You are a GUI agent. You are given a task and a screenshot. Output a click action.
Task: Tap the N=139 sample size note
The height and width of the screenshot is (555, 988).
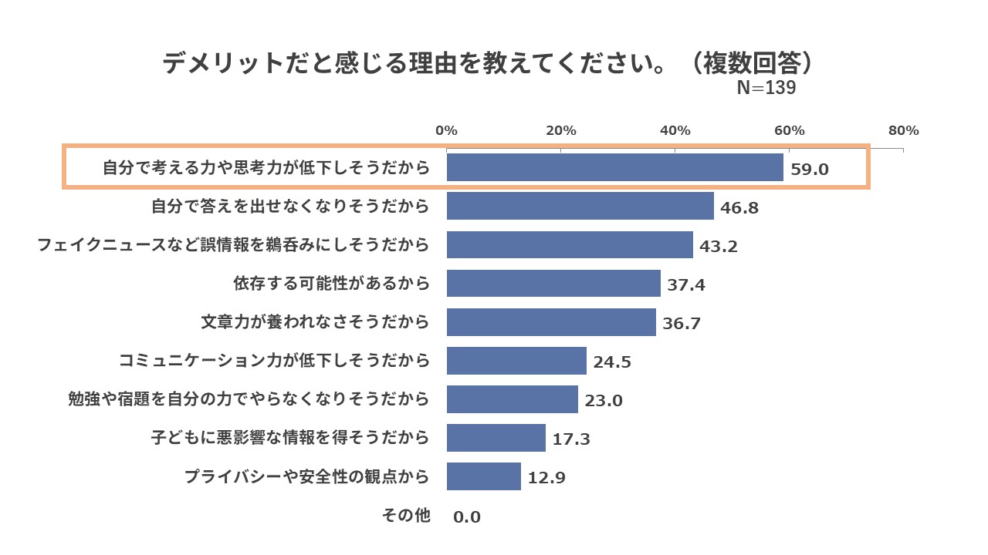click(766, 88)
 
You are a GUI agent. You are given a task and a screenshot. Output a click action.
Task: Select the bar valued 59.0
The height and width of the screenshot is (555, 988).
click(614, 167)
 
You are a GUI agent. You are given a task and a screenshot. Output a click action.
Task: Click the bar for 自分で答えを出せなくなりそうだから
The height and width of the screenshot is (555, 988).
click(580, 206)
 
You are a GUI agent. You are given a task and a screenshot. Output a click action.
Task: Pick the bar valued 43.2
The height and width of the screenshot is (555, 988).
click(570, 245)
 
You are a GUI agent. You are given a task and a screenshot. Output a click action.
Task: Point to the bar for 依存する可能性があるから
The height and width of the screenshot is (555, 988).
click(553, 284)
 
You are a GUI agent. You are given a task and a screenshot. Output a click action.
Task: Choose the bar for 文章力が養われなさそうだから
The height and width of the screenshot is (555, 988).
click(551, 322)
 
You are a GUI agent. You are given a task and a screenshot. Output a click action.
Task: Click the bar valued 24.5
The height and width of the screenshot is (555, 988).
click(516, 361)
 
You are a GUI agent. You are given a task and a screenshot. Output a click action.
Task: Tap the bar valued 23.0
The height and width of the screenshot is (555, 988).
click(512, 399)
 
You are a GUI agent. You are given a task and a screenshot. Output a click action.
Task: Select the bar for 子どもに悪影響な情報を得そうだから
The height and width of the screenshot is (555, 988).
click(496, 438)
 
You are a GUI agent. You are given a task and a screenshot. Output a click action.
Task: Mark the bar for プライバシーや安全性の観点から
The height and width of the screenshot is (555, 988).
click(483, 476)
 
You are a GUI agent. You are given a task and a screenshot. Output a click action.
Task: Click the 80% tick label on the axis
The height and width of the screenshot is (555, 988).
click(903, 130)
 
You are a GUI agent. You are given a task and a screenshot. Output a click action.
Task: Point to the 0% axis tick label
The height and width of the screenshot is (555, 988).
click(446, 130)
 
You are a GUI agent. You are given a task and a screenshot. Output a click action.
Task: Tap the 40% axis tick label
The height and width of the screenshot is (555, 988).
click(675, 130)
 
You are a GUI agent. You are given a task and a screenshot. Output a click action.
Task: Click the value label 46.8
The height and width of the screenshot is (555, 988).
click(740, 207)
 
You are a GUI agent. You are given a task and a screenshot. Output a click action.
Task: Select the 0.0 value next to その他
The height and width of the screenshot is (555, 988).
click(467, 516)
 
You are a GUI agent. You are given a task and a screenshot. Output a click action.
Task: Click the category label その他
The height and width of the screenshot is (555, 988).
click(406, 515)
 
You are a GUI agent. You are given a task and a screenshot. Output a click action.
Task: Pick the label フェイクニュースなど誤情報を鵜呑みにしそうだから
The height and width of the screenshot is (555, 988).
click(233, 245)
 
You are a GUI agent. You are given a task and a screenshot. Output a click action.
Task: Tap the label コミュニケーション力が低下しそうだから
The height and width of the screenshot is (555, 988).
click(274, 361)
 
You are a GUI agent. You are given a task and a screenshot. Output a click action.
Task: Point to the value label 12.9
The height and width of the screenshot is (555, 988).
click(546, 478)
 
